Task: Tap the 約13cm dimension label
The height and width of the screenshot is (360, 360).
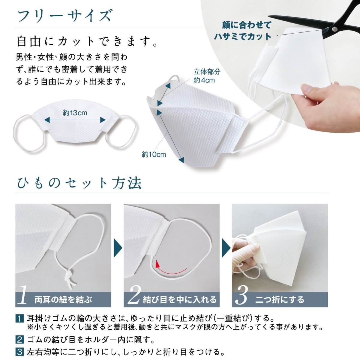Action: pyautogui.click(x=75, y=113)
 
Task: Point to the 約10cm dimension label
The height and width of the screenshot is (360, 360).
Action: pyautogui.click(x=154, y=154)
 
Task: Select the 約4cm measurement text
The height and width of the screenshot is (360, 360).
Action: pyautogui.click(x=204, y=80)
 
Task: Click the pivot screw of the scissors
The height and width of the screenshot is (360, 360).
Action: pyautogui.click(x=334, y=28)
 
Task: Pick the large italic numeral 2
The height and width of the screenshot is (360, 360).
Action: pyautogui.click(x=134, y=295)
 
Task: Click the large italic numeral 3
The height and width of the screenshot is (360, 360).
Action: pyautogui.click(x=242, y=295)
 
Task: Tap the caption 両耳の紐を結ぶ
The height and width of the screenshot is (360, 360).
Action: pyautogui.click(x=63, y=300)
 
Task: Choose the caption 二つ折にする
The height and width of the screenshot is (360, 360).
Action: pyautogui.click(x=280, y=300)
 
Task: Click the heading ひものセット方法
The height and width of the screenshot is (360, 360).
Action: pyautogui.click(x=79, y=183)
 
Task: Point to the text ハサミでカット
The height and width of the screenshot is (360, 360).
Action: pyautogui.click(x=242, y=37)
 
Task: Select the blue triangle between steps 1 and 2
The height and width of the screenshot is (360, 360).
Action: pyautogui.click(x=118, y=248)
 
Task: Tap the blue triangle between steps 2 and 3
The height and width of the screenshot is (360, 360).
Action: pyautogui.click(x=226, y=248)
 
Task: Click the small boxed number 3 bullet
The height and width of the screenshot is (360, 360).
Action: pyautogui.click(x=19, y=352)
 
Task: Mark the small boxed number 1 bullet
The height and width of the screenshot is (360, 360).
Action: pyautogui.click(x=19, y=319)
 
